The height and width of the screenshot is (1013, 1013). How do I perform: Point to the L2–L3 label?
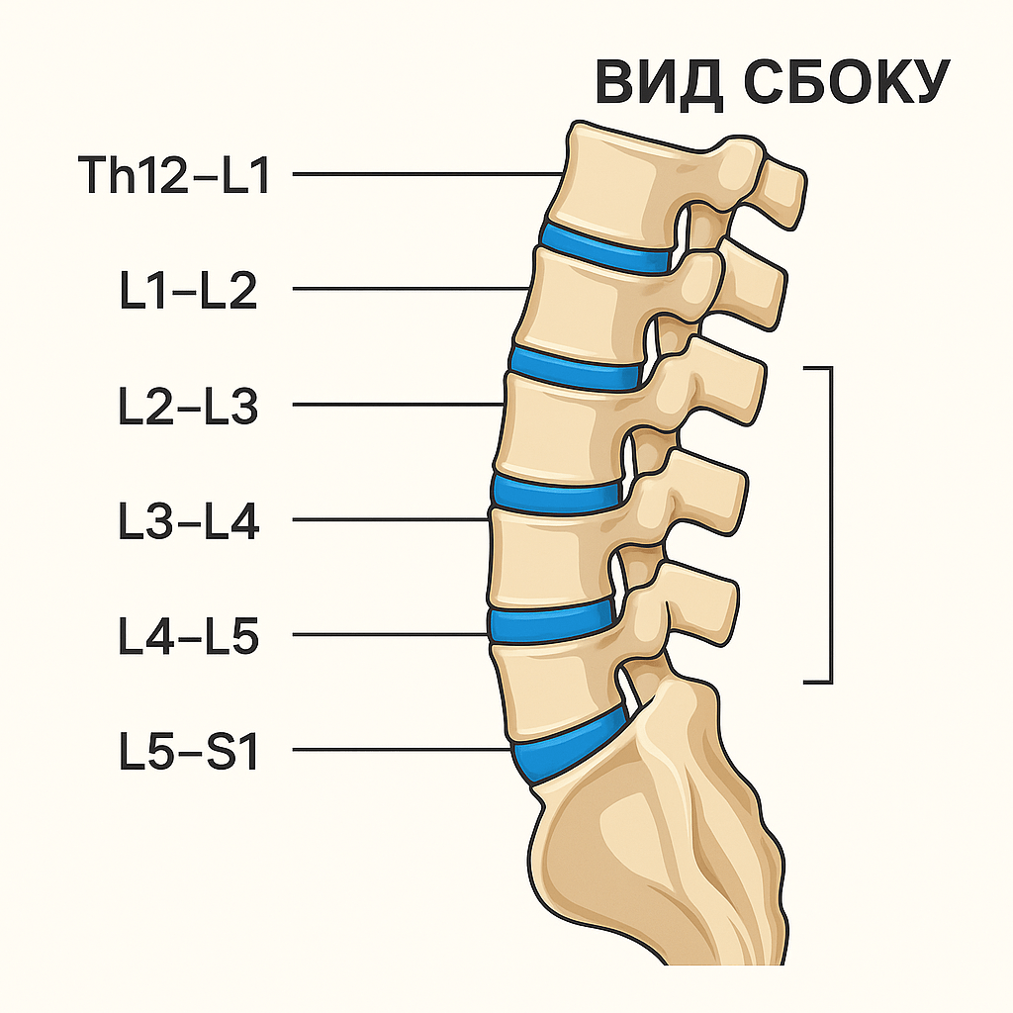pyautogui.click(x=187, y=406)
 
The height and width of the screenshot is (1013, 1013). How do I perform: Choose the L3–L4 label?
pyautogui.click(x=187, y=520)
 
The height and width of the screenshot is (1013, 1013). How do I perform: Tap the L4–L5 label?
pyautogui.click(x=187, y=636)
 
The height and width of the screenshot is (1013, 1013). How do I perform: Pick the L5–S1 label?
pyautogui.click(x=187, y=751)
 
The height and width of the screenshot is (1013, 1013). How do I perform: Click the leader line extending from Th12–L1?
pyautogui.click(x=425, y=175)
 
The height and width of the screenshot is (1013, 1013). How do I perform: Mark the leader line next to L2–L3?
pyautogui.click(x=396, y=405)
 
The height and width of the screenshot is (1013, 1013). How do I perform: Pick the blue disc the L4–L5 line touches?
pyautogui.click(x=550, y=621)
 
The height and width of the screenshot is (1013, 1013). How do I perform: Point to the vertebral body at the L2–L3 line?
pyautogui.click(x=559, y=425)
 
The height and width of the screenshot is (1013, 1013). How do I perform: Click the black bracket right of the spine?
pyautogui.click(x=829, y=524)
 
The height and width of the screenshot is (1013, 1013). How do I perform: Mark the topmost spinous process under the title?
pyautogui.click(x=782, y=188)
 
